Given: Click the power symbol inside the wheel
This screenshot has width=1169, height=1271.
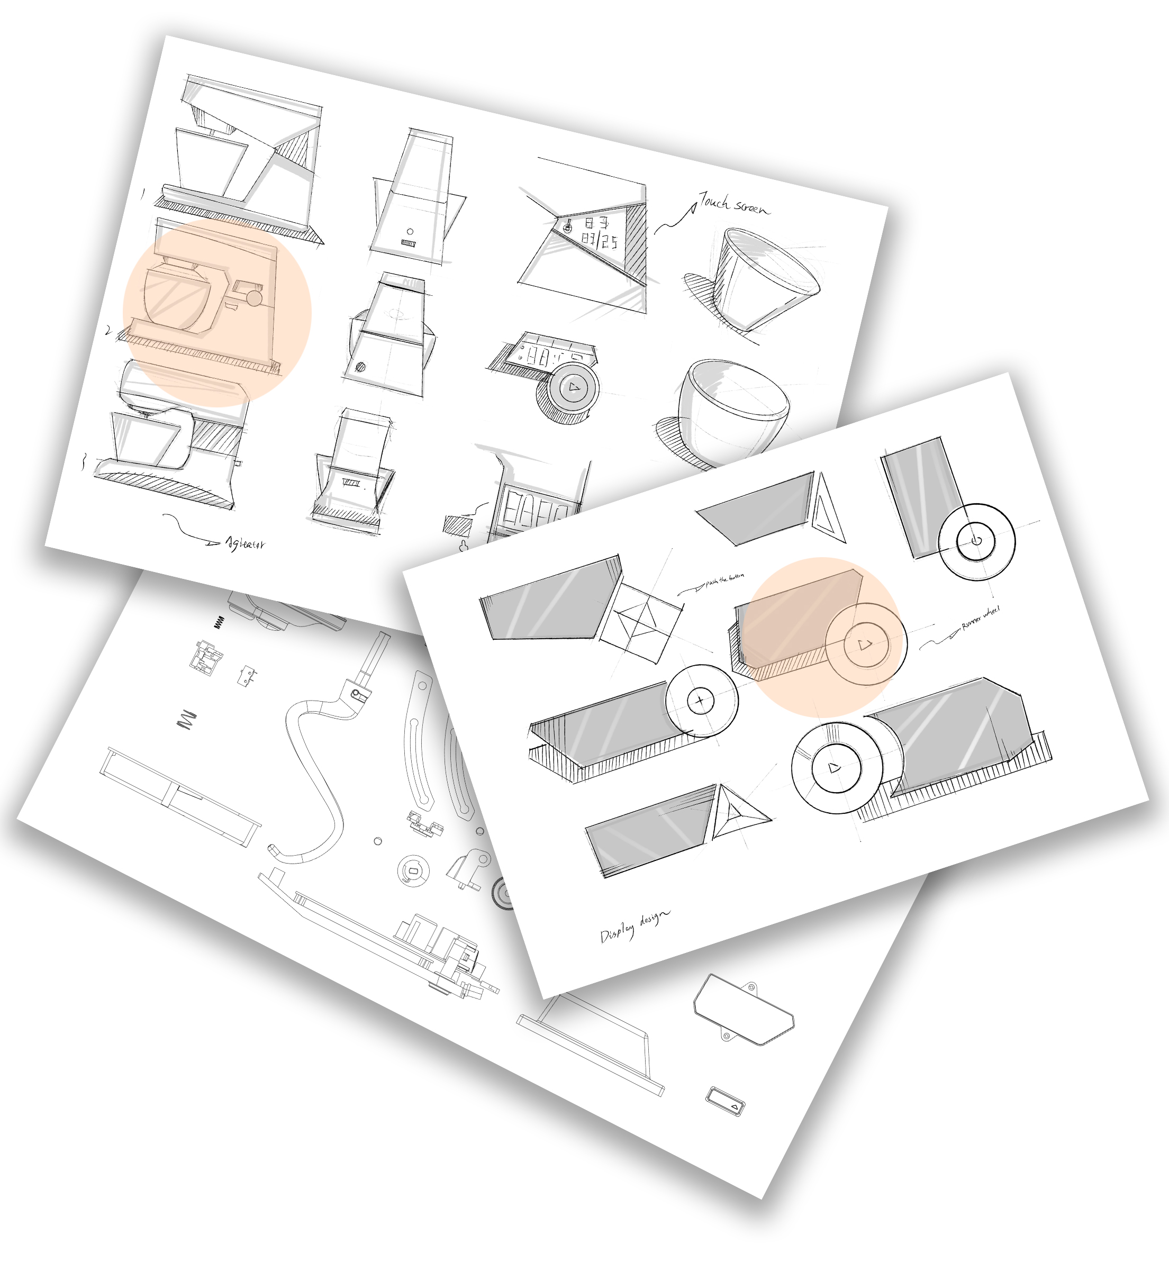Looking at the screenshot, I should [x=976, y=541].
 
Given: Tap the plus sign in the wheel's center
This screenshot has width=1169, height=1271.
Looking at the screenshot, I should [x=700, y=701].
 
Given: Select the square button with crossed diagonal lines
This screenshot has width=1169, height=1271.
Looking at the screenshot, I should [x=640, y=622].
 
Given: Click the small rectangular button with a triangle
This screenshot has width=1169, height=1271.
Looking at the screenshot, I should [x=726, y=1101].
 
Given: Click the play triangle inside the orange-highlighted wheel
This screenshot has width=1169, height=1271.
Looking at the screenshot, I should [x=865, y=644].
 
